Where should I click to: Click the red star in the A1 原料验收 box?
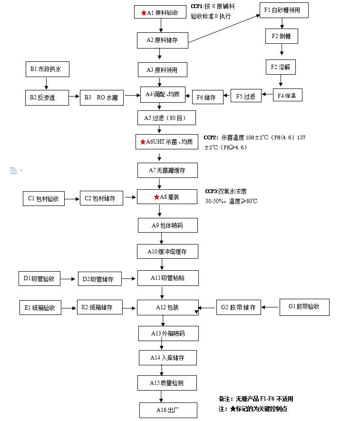click(144, 13)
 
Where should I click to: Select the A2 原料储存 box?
click(163, 40)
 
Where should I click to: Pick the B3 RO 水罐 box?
click(102, 98)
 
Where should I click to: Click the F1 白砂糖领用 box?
click(283, 10)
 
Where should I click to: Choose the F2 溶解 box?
click(281, 67)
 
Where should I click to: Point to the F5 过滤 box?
click(246, 96)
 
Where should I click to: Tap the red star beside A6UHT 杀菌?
click(142, 142)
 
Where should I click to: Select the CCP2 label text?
click(211, 137)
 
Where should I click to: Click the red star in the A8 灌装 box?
click(156, 197)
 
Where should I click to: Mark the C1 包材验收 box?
click(44, 198)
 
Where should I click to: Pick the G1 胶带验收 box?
click(304, 307)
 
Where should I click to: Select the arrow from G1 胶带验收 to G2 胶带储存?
click(270, 307)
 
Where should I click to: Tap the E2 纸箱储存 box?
click(100, 307)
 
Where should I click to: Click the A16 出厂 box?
click(167, 410)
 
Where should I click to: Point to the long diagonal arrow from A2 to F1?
click(224, 29)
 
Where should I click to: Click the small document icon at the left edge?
click(14, 170)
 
